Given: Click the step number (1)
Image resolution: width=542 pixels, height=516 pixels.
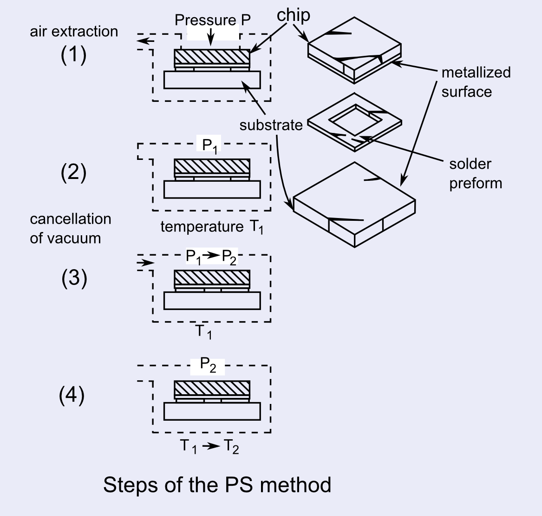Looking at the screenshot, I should coord(73,56).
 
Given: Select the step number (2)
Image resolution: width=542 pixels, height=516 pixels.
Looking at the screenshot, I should coord(73,173).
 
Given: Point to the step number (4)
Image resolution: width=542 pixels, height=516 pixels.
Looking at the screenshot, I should coord(72,396).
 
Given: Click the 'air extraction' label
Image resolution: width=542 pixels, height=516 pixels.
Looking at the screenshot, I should coord(74,32).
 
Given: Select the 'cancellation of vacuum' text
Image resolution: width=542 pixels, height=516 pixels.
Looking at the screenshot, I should coord(70,228).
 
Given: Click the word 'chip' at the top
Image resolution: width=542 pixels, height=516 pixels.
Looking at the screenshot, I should coord(294,15).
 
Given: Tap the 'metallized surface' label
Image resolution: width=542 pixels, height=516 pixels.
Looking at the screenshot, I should coord(476,82).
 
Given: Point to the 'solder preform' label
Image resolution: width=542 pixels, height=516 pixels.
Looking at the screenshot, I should coord(475,173).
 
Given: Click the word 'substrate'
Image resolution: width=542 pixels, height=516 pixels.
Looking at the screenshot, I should coord(271,125).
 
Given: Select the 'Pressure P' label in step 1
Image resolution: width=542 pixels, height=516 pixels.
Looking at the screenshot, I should coord(213,20).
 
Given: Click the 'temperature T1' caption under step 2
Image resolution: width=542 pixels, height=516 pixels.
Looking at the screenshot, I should coord(211,227).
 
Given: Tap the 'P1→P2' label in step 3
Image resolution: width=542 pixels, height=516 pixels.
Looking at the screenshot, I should coord(211,257).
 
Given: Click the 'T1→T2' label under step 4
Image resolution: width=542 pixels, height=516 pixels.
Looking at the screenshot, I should coord(209,447).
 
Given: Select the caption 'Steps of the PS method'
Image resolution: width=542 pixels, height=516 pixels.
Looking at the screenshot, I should coord(217,484).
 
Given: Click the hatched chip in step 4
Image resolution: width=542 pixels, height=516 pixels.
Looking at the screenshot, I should coord(212,389).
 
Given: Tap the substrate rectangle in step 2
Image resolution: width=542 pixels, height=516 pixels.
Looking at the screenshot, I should coord(212,190).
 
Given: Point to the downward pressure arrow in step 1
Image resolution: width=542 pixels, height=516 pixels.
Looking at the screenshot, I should coord(211,37).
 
